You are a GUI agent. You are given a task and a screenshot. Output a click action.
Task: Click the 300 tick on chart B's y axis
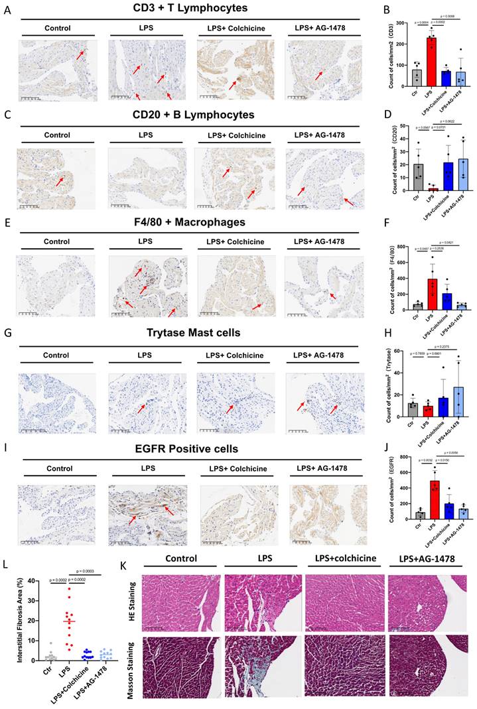click(387, 28)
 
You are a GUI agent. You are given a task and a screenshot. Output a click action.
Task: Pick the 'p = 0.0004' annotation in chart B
click(401, 25)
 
